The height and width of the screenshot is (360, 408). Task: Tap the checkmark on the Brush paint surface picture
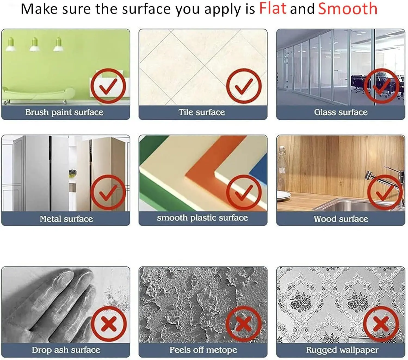click(108, 86)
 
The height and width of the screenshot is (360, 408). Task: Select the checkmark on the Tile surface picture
click(244, 86)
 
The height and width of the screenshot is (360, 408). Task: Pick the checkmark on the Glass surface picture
click(382, 86)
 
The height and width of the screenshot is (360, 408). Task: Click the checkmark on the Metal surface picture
click(108, 192)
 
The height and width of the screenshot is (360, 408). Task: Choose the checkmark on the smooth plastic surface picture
click(244, 192)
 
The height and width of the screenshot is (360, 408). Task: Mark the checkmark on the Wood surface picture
click(385, 192)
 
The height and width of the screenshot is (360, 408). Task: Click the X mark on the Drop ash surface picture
click(109, 324)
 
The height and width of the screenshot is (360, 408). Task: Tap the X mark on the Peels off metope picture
click(244, 324)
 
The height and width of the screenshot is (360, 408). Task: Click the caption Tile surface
click(202, 112)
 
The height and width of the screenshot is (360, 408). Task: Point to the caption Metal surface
click(66, 219)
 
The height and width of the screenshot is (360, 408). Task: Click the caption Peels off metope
click(203, 350)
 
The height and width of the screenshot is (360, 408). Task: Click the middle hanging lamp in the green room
click(35, 44)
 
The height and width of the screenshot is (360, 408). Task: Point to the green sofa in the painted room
click(38, 95)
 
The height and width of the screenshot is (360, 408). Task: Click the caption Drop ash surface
click(66, 350)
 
